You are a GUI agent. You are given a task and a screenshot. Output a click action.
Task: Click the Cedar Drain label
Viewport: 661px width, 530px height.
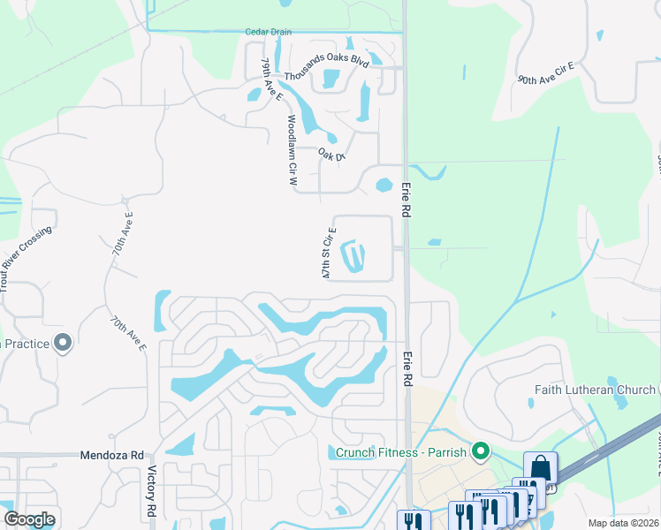[269, 31]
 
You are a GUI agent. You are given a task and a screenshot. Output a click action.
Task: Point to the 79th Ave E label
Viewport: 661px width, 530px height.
[270, 79]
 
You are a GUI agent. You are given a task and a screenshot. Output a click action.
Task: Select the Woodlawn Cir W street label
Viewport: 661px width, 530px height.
[292, 149]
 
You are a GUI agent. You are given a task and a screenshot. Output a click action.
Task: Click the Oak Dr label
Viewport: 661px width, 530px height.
[331, 155]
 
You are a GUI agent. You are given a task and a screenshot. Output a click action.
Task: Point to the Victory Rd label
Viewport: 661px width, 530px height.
[152, 492]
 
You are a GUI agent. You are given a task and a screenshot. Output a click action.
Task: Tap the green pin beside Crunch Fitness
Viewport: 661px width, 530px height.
[482, 452]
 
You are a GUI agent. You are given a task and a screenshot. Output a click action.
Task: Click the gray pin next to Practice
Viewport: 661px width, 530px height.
[63, 343]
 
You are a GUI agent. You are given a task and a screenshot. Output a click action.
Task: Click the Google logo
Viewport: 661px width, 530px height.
[29, 519]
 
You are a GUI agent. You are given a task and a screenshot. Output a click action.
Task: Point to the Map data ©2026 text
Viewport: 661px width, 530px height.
[623, 523]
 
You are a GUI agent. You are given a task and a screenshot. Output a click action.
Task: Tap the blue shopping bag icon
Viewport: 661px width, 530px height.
[540, 468]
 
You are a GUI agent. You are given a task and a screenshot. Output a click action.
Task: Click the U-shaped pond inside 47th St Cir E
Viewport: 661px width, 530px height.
[353, 257]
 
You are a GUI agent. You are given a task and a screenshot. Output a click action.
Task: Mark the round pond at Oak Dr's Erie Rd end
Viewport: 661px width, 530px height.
[384, 185]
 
